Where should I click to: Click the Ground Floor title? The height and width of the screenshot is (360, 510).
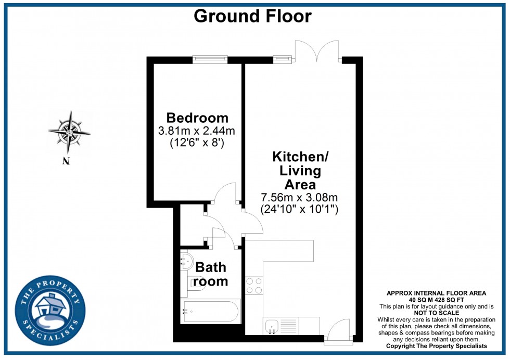point(252,16)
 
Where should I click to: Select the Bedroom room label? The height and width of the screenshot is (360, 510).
point(197,118)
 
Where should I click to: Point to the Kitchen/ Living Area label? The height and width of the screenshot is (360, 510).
point(300,170)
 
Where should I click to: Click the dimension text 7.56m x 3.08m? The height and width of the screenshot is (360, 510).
point(300,197)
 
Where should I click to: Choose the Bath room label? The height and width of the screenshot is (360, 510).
point(211,274)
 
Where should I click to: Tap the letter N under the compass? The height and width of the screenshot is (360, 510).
point(66,161)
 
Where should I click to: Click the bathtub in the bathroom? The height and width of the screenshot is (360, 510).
point(211,312)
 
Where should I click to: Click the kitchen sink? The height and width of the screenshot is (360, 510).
point(273,326)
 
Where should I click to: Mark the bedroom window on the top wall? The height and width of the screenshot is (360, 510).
point(210,59)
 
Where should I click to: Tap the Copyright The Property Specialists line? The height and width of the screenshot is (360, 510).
point(436,346)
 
